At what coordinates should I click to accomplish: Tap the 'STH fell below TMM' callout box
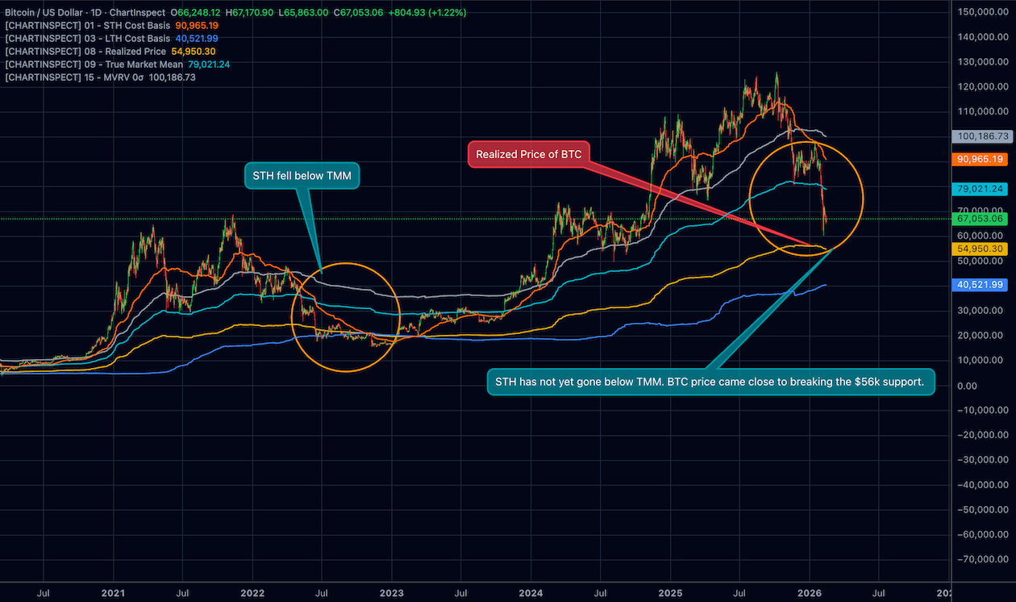301,174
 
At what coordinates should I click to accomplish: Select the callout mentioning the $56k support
710,382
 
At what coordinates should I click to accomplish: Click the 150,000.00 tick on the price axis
983,12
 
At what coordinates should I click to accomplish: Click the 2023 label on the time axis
392,593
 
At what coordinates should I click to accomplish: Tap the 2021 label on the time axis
113,593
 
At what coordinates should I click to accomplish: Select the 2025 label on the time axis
671,593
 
